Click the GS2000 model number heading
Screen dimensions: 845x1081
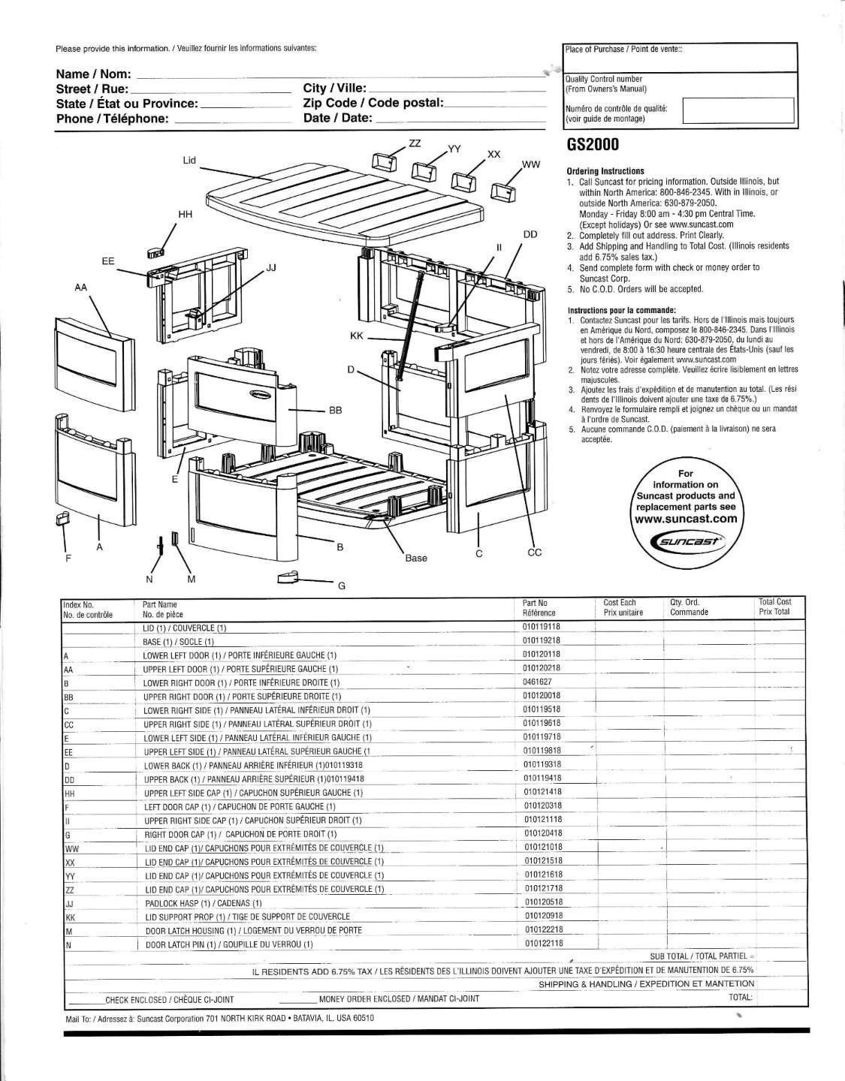coord(593,146)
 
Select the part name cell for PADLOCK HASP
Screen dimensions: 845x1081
coord(204,903)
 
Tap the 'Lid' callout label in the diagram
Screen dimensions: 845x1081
coord(189,161)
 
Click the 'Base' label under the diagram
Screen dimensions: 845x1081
coord(416,558)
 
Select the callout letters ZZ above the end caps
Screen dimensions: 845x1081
coord(414,143)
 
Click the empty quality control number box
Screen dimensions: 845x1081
coord(738,110)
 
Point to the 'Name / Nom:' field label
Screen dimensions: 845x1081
coord(93,74)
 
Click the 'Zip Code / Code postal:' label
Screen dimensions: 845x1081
coord(373,103)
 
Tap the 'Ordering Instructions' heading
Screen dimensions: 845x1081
coord(605,171)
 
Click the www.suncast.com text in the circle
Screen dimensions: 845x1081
coord(685,519)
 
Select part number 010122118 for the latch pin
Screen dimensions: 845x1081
coord(544,943)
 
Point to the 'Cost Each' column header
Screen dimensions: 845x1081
coord(620,602)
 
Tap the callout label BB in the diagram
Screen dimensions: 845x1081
coord(335,411)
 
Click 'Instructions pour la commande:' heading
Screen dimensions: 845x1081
coord(621,310)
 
